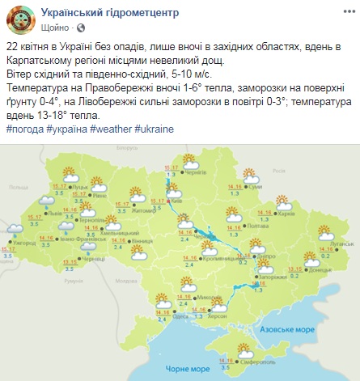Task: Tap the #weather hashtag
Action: (x=111, y=129)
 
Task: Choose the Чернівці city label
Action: (x=95, y=260)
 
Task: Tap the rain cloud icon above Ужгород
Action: (x=14, y=230)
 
